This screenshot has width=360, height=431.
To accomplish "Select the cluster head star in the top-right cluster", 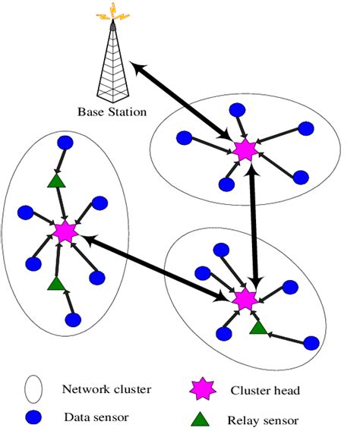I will click(x=245, y=149).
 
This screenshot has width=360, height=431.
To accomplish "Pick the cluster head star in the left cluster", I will click(x=64, y=231).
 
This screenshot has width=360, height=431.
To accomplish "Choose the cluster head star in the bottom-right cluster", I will click(x=245, y=298).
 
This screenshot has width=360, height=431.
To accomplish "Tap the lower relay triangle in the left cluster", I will click(x=55, y=282).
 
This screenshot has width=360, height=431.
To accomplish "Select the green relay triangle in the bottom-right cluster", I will click(x=258, y=327).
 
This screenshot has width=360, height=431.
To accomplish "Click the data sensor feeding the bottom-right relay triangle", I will click(x=311, y=342).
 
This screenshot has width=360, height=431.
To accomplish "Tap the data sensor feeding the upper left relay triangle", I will click(x=65, y=143).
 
